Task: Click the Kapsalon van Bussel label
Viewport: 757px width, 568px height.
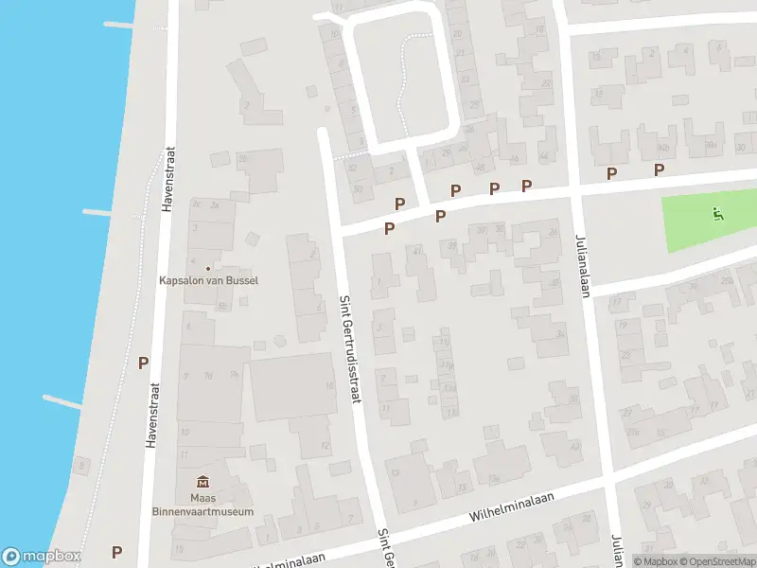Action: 208,280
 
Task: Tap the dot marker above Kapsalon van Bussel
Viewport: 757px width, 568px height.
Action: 208,267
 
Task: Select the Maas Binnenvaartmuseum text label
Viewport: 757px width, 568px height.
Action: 208,505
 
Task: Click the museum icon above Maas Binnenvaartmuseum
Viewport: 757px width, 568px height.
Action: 202,483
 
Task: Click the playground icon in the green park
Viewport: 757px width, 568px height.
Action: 717,214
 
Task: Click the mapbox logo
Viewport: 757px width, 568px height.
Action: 41,557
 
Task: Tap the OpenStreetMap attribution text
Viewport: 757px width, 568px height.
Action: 716,561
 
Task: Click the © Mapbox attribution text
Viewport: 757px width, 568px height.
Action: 655,561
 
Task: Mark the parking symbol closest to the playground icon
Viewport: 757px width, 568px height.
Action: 660,169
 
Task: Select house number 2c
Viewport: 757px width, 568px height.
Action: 197,204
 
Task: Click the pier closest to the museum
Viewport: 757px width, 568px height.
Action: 62,400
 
